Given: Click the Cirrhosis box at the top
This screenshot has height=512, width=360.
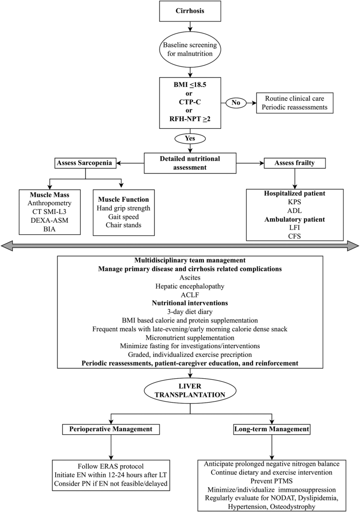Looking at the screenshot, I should click(180, 11).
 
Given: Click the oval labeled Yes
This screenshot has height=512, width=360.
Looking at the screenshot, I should click(180, 138).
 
